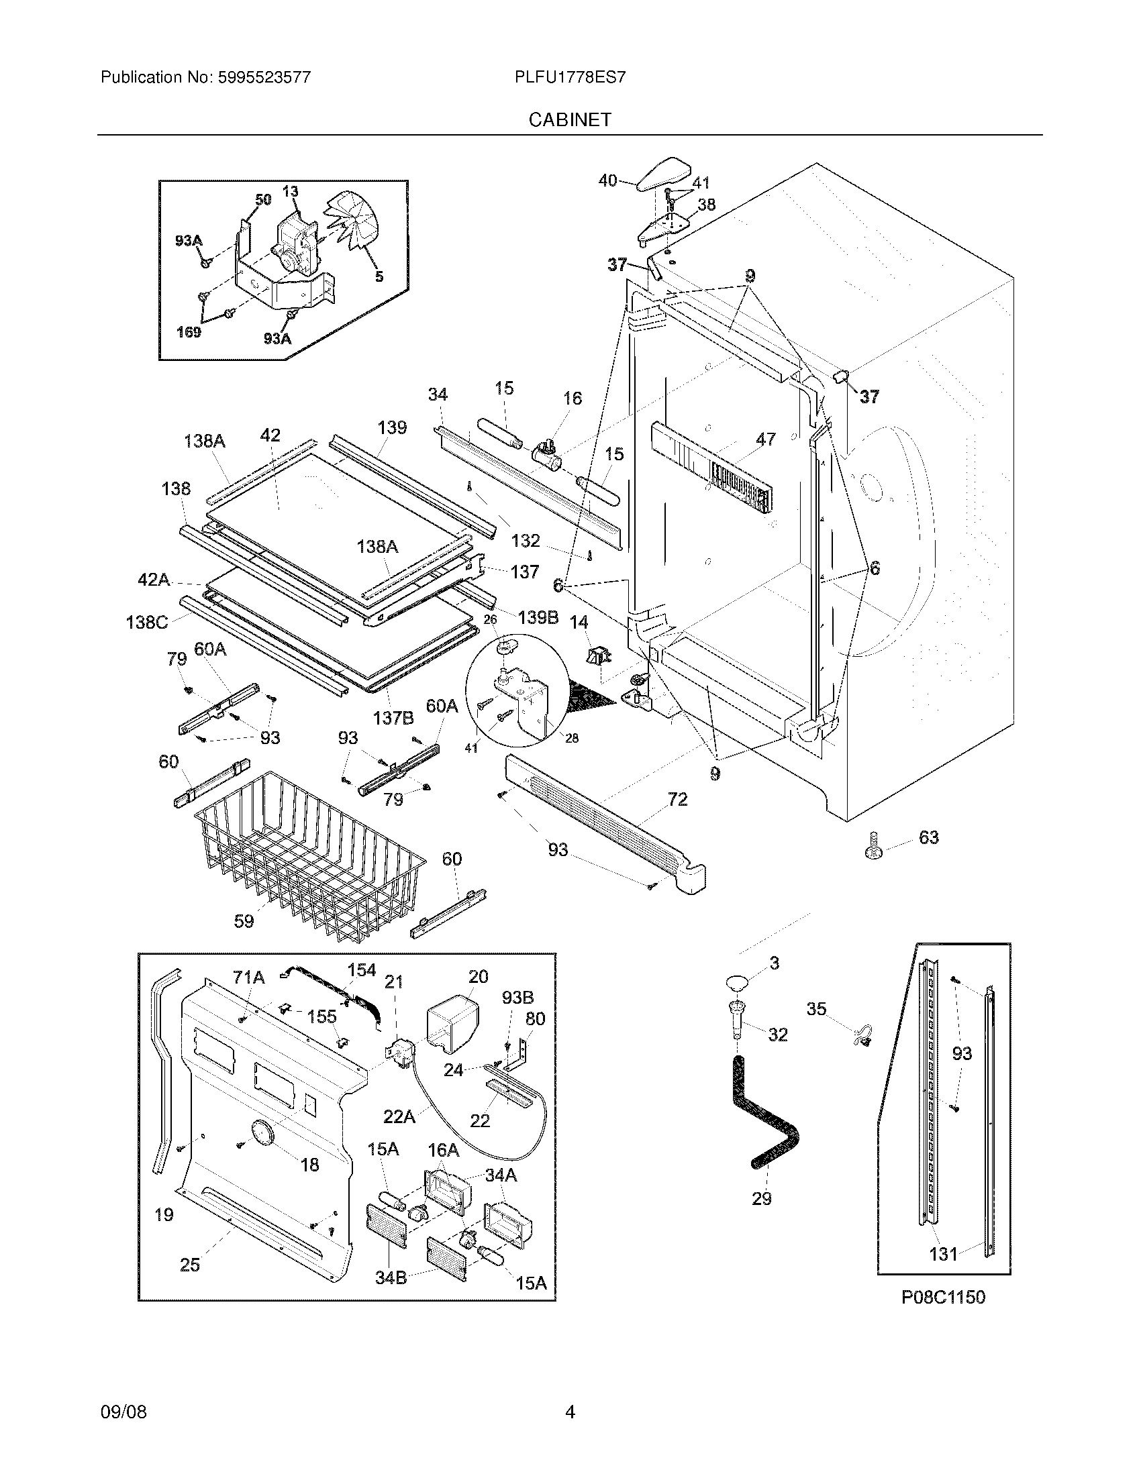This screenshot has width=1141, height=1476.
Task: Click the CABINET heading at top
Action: point(570,119)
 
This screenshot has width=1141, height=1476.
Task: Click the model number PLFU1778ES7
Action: point(570,77)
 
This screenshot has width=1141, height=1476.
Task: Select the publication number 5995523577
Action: point(264,77)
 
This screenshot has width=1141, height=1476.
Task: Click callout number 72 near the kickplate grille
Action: point(677,800)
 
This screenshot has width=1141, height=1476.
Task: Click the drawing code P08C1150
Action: point(943,1297)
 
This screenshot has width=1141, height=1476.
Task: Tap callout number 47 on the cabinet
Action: point(766,439)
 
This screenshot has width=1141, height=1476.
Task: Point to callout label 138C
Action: point(147,622)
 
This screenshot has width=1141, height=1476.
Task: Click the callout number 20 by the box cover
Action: point(478,976)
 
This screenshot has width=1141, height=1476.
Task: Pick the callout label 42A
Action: point(154,580)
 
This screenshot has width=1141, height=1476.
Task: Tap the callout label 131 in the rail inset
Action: point(943,1255)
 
